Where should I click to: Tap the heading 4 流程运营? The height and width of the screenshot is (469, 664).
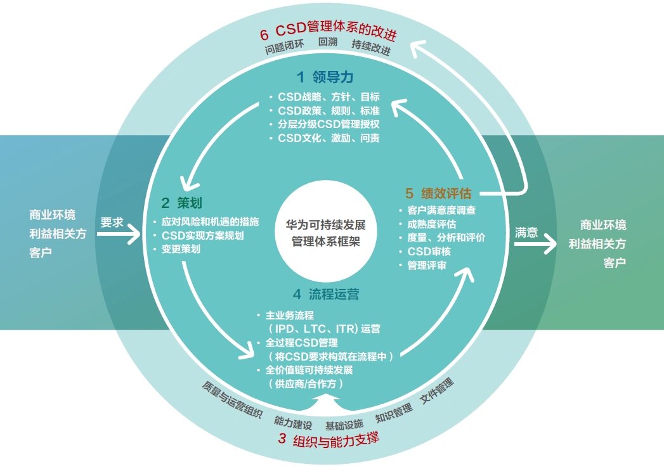326,294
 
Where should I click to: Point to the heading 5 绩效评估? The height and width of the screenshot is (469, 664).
442,193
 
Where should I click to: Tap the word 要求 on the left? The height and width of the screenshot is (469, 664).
112,222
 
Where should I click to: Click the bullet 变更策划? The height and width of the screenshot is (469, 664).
181,250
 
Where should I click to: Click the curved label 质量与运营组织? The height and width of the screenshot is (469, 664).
232,399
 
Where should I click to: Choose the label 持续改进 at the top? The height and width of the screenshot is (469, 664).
371,47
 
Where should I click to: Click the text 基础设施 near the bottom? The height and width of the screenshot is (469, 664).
344,423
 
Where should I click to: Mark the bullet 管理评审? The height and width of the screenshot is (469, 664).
426,266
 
